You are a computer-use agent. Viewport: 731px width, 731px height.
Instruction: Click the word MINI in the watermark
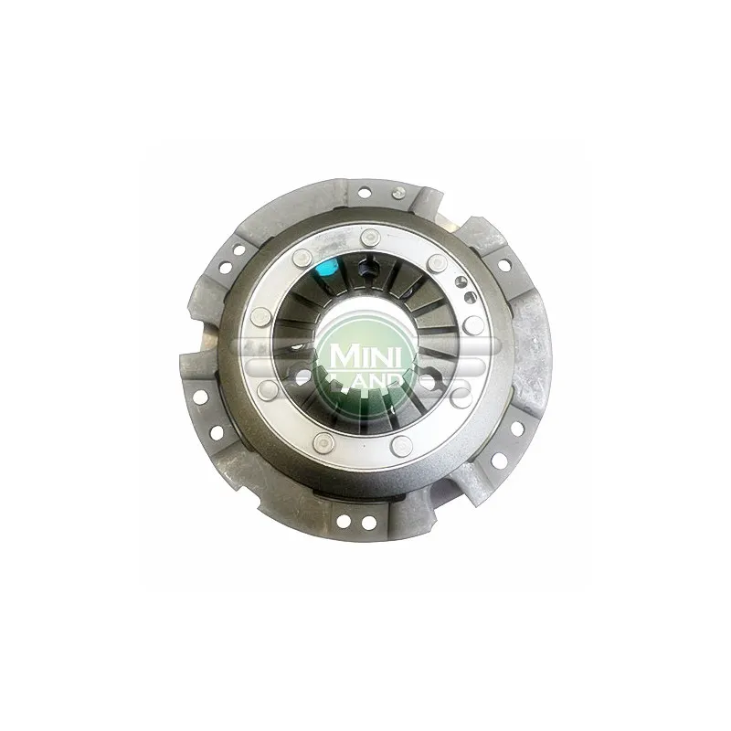(366, 356)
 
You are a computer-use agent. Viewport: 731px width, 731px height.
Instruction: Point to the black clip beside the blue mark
(364, 270)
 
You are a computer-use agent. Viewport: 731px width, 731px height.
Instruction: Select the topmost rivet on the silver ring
(371, 237)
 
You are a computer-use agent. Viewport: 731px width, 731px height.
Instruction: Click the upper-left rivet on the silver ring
(302, 258)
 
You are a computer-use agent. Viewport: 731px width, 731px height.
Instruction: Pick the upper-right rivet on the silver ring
(437, 261)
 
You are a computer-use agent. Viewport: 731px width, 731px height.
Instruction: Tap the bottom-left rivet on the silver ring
(323, 441)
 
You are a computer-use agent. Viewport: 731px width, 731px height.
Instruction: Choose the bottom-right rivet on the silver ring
(402, 446)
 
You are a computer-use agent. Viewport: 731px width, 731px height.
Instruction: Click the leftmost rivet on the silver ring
(260, 319)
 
